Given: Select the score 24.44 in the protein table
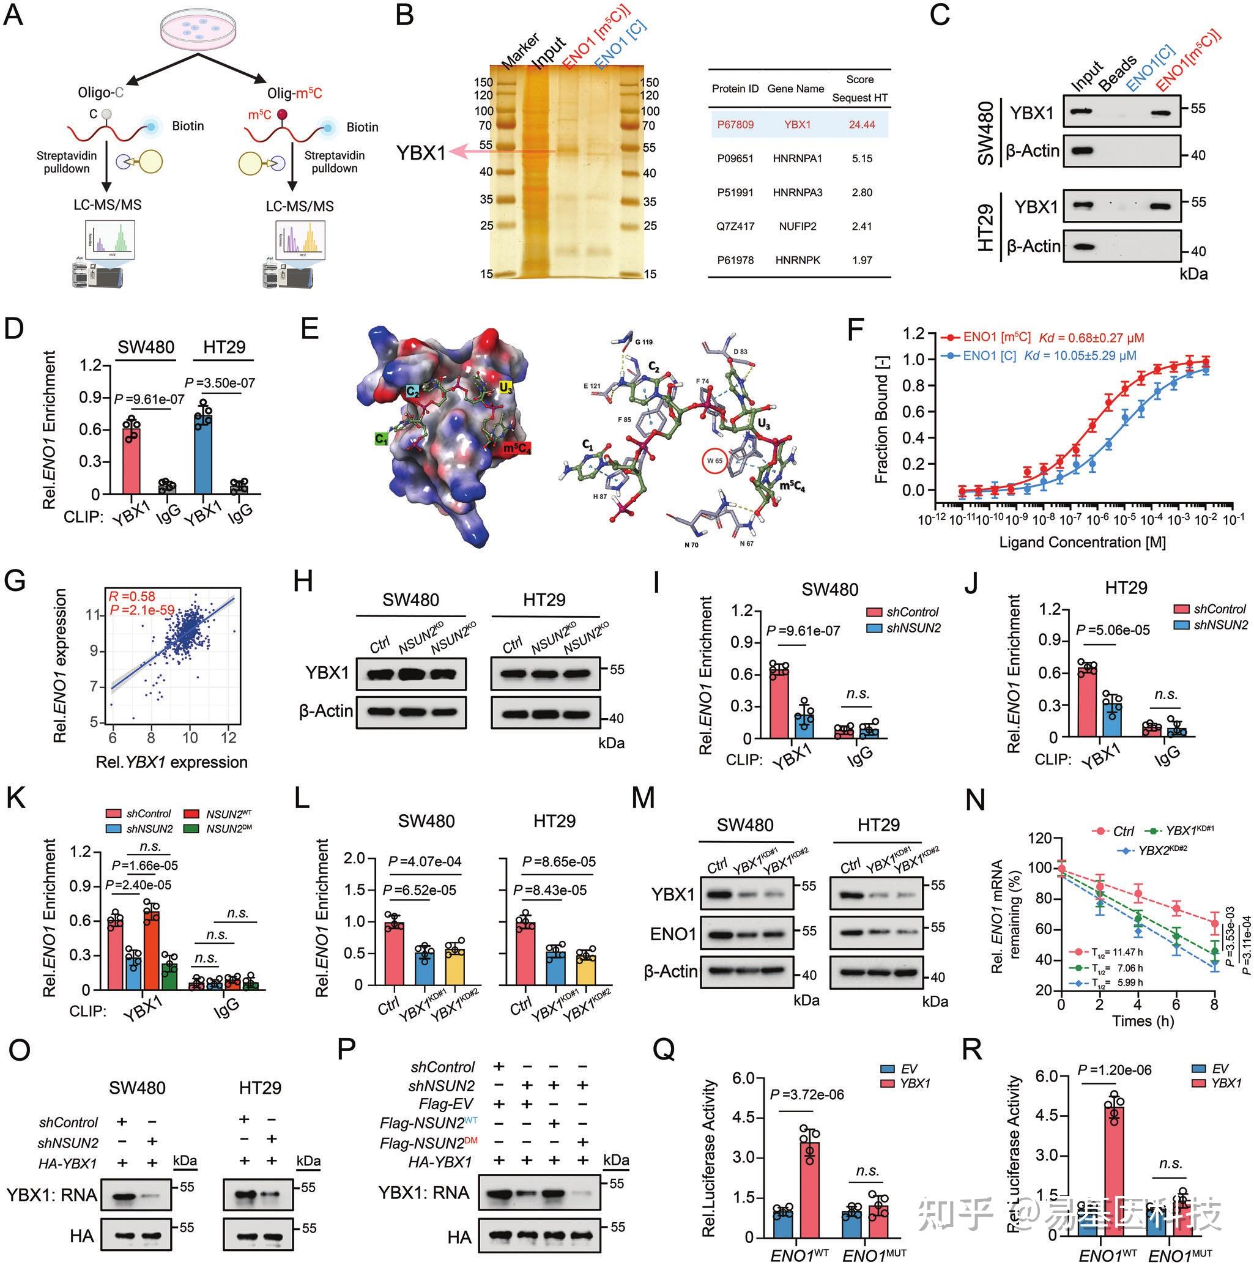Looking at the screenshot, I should click(x=861, y=124).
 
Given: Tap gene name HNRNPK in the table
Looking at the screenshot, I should click(x=797, y=260).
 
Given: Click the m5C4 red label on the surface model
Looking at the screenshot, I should click(x=516, y=448).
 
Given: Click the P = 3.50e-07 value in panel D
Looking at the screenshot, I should click(x=220, y=382).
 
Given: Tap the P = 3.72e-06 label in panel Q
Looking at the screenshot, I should click(x=807, y=1094).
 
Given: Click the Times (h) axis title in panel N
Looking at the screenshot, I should click(x=1142, y=1020).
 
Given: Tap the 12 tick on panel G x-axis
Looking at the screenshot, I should click(x=229, y=737).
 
